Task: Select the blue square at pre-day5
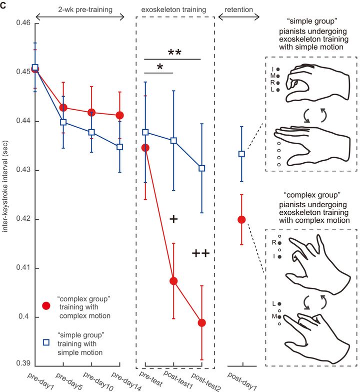point(63,122)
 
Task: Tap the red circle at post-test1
point(173,281)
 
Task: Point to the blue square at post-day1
point(241,154)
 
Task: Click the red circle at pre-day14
point(120,115)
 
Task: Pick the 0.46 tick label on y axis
point(21,23)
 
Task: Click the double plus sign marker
point(200,254)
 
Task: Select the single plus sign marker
point(174,219)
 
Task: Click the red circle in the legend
point(46,306)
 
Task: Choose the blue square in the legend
point(46,342)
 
